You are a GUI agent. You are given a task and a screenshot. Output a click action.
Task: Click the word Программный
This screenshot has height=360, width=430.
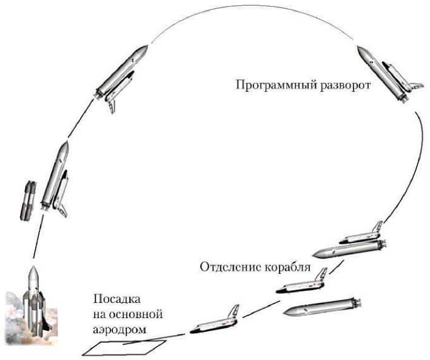coord(269,84)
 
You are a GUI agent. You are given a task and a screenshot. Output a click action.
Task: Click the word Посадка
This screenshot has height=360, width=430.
coord(116,300)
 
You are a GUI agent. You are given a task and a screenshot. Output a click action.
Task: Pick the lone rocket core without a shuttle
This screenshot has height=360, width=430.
coord(321,308)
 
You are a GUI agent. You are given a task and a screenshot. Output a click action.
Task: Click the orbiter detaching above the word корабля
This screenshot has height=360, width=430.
coord(303,281)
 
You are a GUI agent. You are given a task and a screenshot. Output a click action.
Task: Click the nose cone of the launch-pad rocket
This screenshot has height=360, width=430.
coord(33,272)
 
